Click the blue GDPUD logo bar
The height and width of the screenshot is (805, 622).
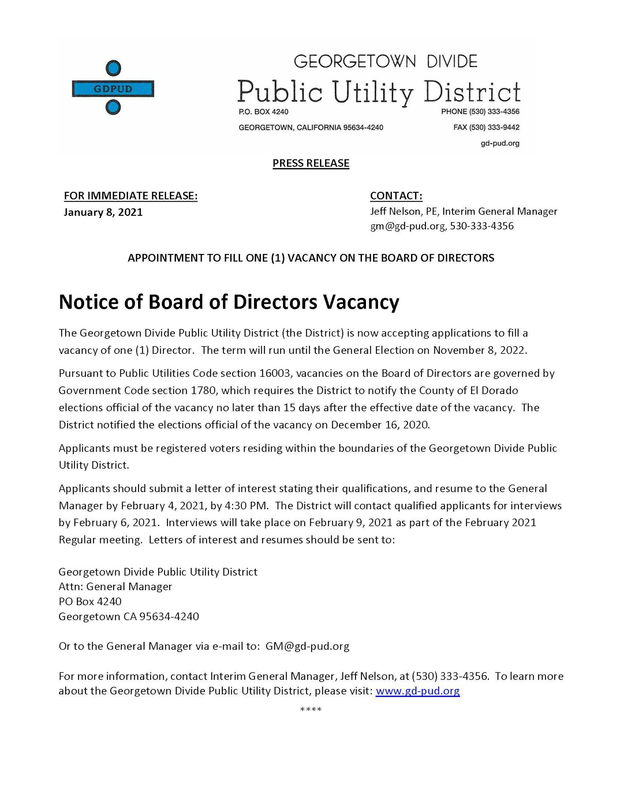tap(113, 89)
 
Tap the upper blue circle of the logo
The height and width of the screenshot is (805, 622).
tap(113, 68)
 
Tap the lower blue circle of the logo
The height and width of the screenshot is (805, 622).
tap(113, 107)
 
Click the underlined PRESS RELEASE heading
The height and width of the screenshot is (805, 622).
tap(311, 163)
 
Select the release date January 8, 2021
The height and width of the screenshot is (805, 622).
tap(103, 212)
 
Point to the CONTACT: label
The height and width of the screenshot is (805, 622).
tap(396, 196)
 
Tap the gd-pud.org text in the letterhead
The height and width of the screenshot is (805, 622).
tap(500, 143)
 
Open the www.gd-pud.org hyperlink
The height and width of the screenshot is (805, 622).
tap(417, 691)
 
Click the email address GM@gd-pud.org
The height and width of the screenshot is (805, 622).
tap(307, 646)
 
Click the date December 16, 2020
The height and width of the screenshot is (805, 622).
tap(380, 425)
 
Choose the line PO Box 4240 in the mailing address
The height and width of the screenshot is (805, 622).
tap(90, 601)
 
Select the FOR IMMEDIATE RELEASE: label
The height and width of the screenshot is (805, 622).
tap(130, 196)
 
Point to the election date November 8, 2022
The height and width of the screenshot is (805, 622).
tap(479, 350)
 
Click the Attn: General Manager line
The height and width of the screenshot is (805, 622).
tap(115, 586)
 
